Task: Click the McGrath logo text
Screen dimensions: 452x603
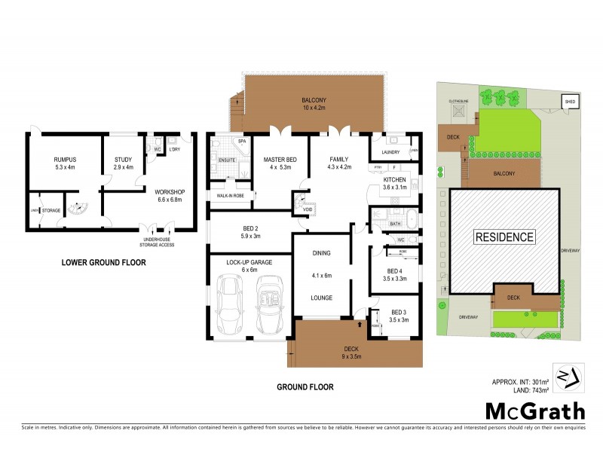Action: click(534, 411)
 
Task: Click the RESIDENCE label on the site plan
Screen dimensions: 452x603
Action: click(504, 237)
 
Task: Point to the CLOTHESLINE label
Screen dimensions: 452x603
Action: click(459, 99)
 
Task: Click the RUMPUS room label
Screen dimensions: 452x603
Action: click(65, 160)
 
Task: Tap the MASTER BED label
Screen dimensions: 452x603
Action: click(279, 160)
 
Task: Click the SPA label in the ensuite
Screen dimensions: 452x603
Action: click(242, 141)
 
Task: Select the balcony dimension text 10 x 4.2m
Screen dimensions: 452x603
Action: click(314, 108)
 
